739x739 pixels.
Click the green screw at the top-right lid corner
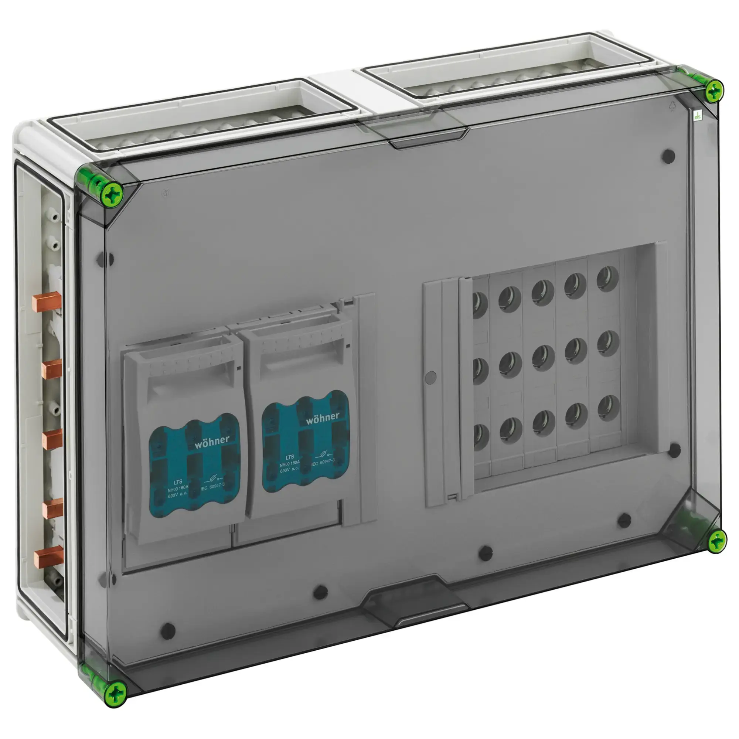pos(714,91)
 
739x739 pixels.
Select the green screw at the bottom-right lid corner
pos(716,542)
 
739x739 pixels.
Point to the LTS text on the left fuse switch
pos(178,482)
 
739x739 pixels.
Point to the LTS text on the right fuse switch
pos(290,457)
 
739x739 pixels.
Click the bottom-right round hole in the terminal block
pos(608,408)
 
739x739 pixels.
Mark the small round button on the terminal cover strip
pos(430,377)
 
